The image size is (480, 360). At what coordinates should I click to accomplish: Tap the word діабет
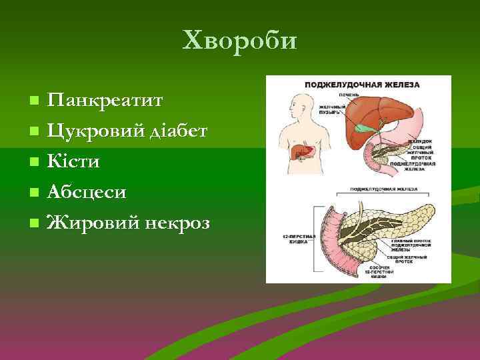click(x=179, y=131)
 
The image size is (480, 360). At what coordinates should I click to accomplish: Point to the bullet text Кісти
click(x=73, y=161)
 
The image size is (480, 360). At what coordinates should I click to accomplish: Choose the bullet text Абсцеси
click(x=86, y=192)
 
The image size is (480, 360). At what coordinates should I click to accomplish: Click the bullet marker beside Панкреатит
click(x=34, y=101)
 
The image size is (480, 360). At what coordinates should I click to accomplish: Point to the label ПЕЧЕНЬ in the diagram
click(x=349, y=95)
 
